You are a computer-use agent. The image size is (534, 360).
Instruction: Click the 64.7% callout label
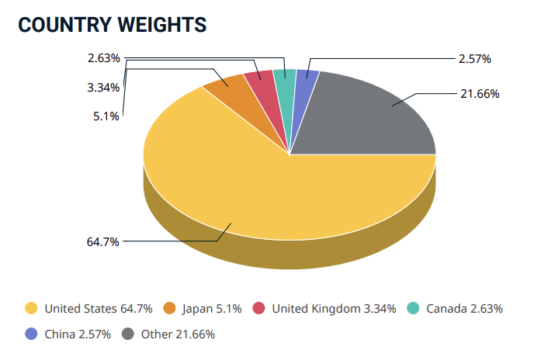102,241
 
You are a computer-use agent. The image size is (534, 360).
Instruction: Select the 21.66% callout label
479,94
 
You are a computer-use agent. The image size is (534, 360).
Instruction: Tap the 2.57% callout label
475,58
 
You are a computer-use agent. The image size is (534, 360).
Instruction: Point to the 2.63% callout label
103,58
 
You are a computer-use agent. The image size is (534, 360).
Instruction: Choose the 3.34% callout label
103,88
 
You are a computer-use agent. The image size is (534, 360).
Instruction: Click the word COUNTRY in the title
64,25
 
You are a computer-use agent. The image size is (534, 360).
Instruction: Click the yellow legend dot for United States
31,308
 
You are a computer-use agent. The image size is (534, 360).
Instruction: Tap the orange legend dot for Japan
169,308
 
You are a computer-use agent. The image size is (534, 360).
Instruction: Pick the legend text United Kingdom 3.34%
334,308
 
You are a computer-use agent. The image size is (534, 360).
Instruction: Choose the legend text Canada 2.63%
463,308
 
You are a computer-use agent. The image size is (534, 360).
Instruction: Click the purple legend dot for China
31,334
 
